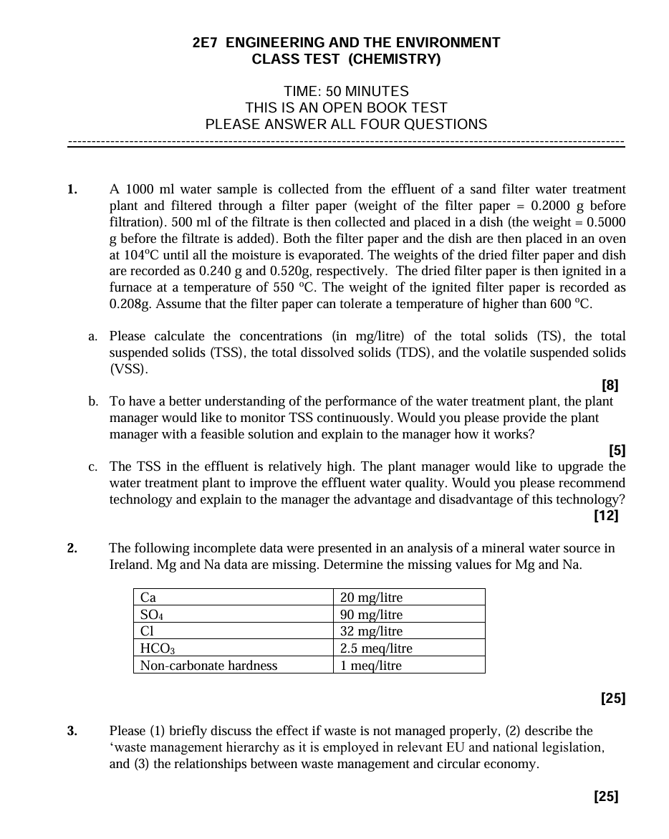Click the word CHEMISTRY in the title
394,59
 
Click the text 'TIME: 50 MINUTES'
346,92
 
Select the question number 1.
72,190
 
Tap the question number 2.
72,549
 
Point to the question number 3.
72,732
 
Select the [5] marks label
617,451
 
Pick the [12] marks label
606,515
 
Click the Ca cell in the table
148,598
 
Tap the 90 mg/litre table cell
372,615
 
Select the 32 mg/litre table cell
372,631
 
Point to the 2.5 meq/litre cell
377,648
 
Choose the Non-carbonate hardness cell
208,666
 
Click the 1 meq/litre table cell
371,666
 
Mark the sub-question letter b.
93,402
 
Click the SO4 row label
151,615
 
